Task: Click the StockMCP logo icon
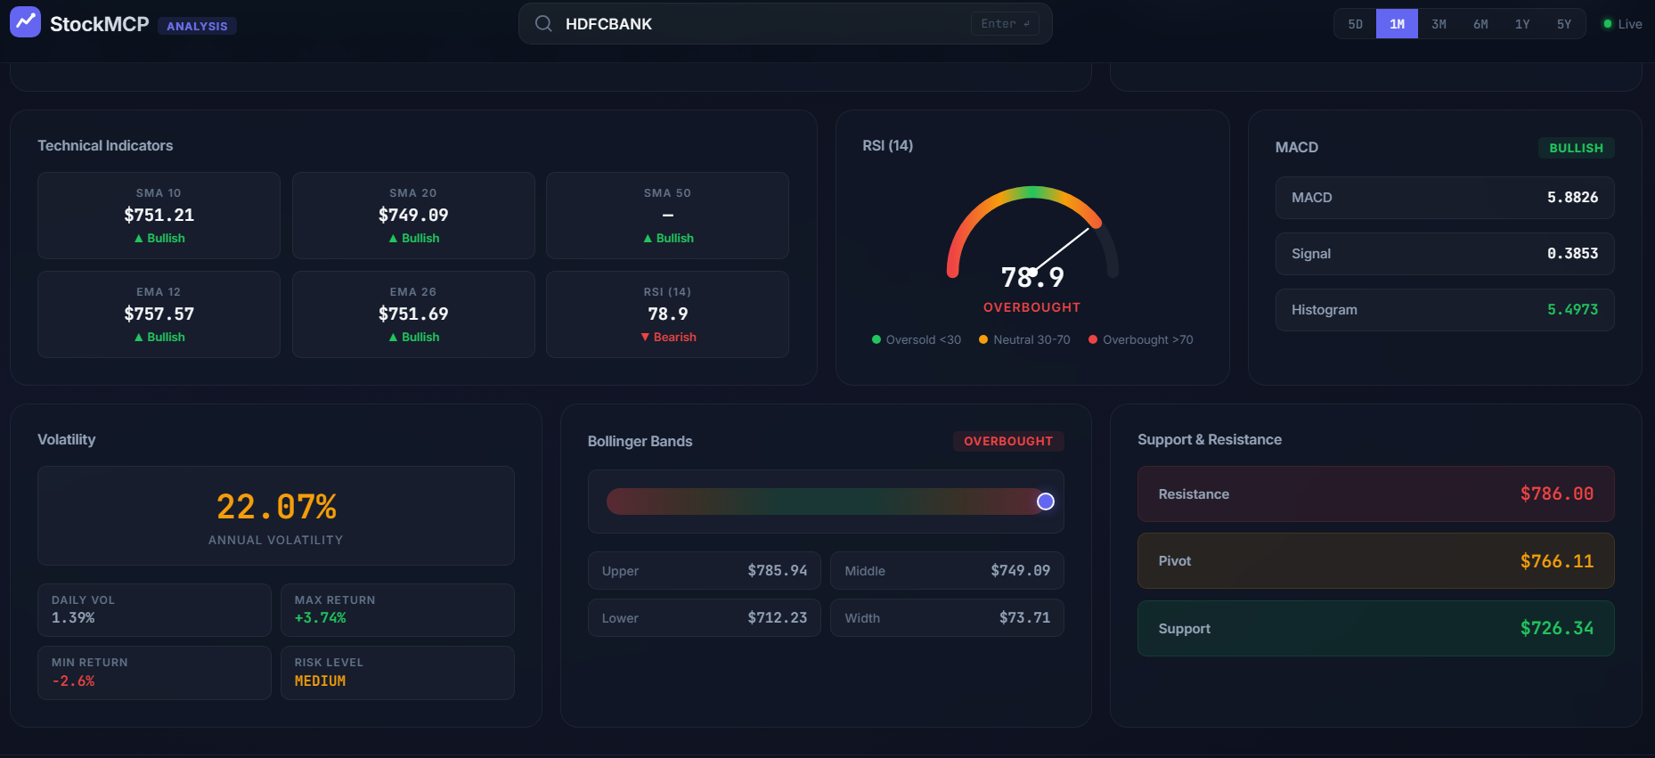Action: pos(25,22)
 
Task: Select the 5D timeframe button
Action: pos(1355,24)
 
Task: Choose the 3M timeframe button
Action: pos(1439,24)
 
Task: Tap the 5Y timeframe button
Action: pos(1564,24)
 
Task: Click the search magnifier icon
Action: pos(543,24)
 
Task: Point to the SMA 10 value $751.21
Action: pos(159,215)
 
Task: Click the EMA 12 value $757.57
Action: pos(159,314)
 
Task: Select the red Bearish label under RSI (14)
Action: pos(668,337)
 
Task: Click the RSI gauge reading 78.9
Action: pos(1032,277)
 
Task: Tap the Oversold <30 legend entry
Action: pos(917,339)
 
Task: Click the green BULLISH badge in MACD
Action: pos(1576,148)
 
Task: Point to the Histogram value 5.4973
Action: pos(1572,309)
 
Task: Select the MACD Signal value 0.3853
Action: pos(1572,253)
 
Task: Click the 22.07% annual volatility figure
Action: pos(276,507)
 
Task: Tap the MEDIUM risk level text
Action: pos(320,681)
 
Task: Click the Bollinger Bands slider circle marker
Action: pos(1046,501)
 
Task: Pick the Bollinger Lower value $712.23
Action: pos(778,617)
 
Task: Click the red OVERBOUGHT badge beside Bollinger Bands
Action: pos(1008,441)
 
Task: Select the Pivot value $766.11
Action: pos(1557,561)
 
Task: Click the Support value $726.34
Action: pos(1557,628)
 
